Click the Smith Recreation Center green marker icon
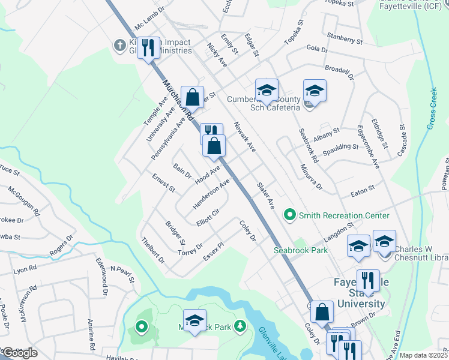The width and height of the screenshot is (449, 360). click(x=291, y=215)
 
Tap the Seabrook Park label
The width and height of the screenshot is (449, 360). click(x=301, y=250)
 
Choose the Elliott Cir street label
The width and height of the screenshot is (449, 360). click(x=208, y=217)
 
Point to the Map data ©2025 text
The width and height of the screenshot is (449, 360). click(x=424, y=355)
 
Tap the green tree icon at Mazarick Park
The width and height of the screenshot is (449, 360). click(x=240, y=325)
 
